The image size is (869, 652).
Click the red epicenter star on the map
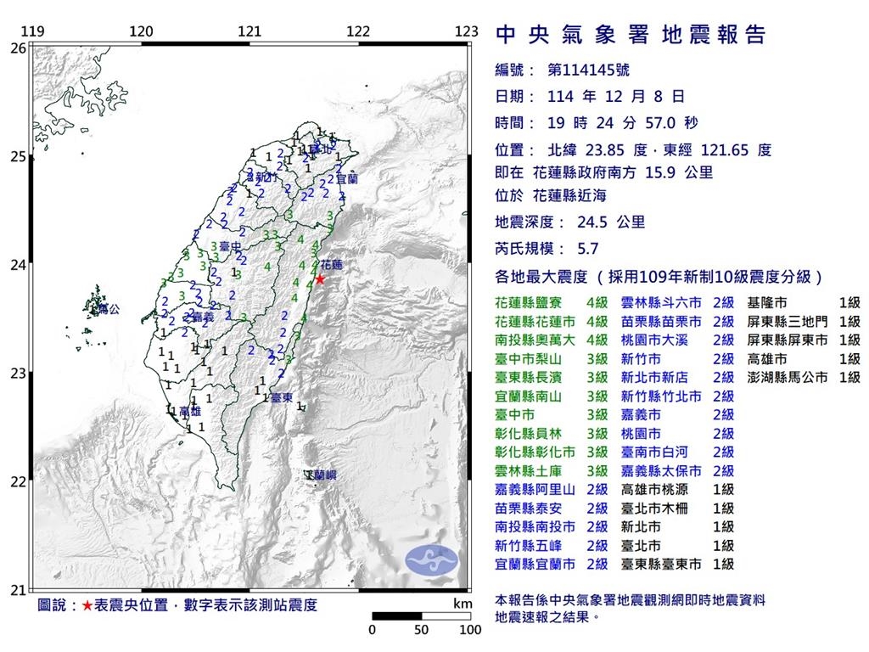320,278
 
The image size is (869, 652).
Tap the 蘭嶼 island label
322,476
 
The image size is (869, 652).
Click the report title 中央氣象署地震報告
630,35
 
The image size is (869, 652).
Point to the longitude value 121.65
723,150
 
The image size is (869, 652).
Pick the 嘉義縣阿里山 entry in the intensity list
534,489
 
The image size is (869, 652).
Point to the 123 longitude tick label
466,32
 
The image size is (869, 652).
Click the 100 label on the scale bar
469,630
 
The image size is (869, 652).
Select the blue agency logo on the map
431,558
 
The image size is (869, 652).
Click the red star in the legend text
87,606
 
